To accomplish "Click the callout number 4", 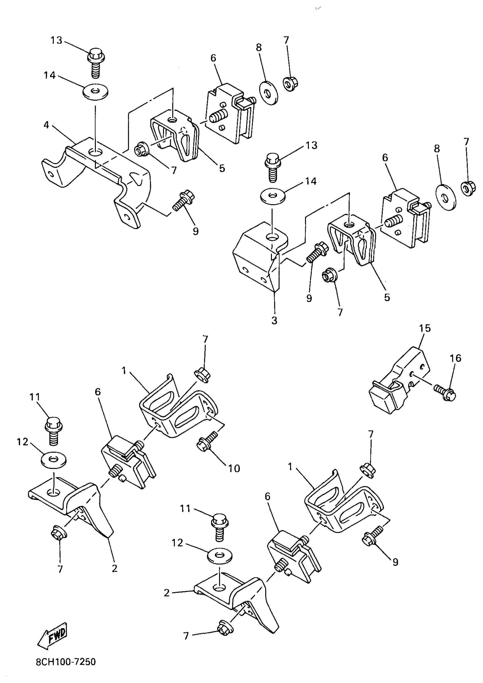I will tap(46, 125).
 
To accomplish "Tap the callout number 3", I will tap(274, 321).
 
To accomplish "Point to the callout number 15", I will tap(425, 328).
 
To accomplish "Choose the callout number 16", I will tap(456, 358).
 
